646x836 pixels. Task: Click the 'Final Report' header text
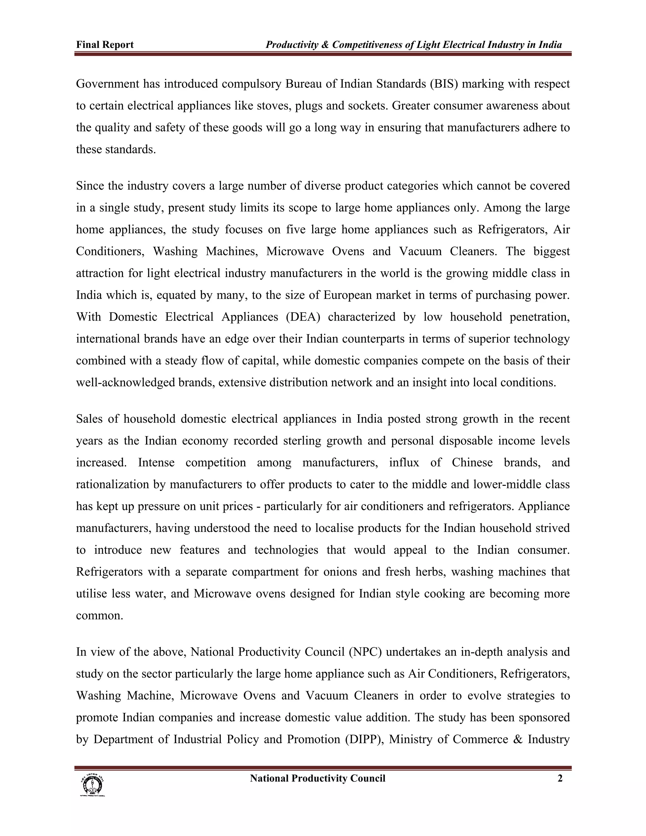click(105, 45)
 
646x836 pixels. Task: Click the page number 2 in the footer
click(560, 778)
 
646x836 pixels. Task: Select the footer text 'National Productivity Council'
click(317, 778)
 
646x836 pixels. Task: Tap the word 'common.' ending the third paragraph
click(99, 615)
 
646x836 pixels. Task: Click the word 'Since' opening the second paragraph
click(90, 186)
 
